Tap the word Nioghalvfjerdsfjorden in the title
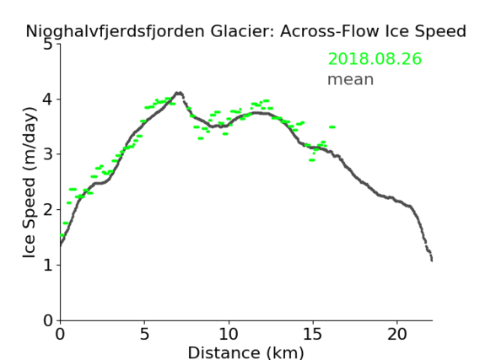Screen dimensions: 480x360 click(x=115, y=32)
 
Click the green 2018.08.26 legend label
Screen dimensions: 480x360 click(x=375, y=59)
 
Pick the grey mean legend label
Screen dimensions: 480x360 click(x=351, y=79)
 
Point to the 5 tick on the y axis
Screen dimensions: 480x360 click(x=47, y=45)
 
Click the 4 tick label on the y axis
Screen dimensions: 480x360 click(x=47, y=99)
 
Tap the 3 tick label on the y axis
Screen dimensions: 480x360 click(x=47, y=154)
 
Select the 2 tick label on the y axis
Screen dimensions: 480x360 click(x=47, y=210)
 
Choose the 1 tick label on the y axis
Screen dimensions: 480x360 click(x=48, y=265)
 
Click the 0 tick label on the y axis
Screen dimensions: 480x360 click(x=48, y=320)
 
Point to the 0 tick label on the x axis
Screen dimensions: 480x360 click(x=60, y=334)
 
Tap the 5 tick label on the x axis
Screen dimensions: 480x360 click(x=144, y=334)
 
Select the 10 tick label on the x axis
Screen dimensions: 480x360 click(x=229, y=334)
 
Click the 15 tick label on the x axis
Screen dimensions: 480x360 click(x=313, y=334)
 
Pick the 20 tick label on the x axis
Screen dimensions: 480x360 click(x=397, y=334)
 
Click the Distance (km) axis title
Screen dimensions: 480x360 click(x=245, y=352)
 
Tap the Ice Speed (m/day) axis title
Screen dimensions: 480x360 click(x=30, y=183)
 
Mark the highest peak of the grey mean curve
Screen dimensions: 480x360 click(x=179, y=93)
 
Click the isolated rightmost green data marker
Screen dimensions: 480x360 click(x=332, y=127)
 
